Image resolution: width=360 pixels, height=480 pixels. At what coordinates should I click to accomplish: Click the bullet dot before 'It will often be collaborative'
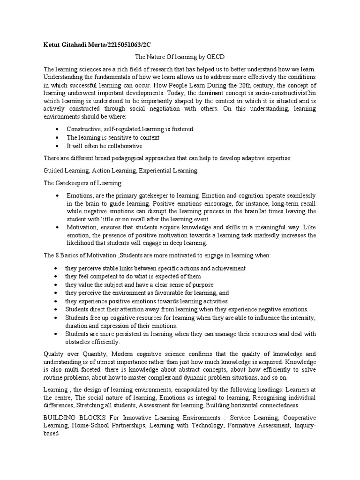click(x=57, y=146)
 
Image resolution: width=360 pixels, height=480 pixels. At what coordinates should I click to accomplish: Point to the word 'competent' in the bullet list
click(x=101, y=276)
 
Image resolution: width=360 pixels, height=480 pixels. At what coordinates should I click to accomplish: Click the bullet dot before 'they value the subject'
click(x=57, y=285)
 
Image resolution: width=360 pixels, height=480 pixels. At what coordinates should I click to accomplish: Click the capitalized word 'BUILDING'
click(x=59, y=417)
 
